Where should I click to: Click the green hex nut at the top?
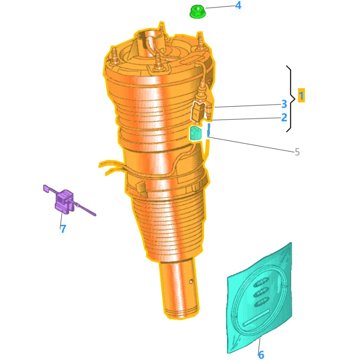(198, 12)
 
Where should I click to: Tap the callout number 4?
(238, 5)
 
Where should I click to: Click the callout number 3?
(284, 104)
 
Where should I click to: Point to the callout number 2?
(284, 117)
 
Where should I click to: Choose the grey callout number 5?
(297, 152)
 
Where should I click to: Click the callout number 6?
(261, 355)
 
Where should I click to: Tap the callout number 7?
(63, 228)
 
